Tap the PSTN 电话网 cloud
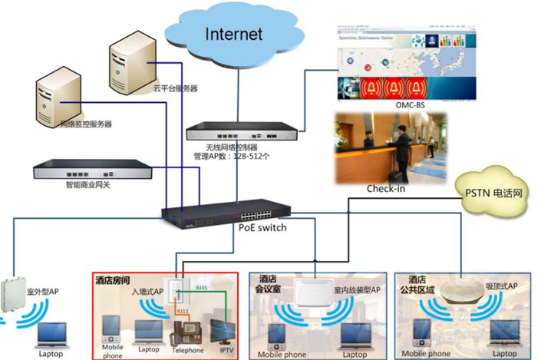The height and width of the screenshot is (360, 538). [494, 193]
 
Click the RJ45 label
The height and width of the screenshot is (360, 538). [202, 287]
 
